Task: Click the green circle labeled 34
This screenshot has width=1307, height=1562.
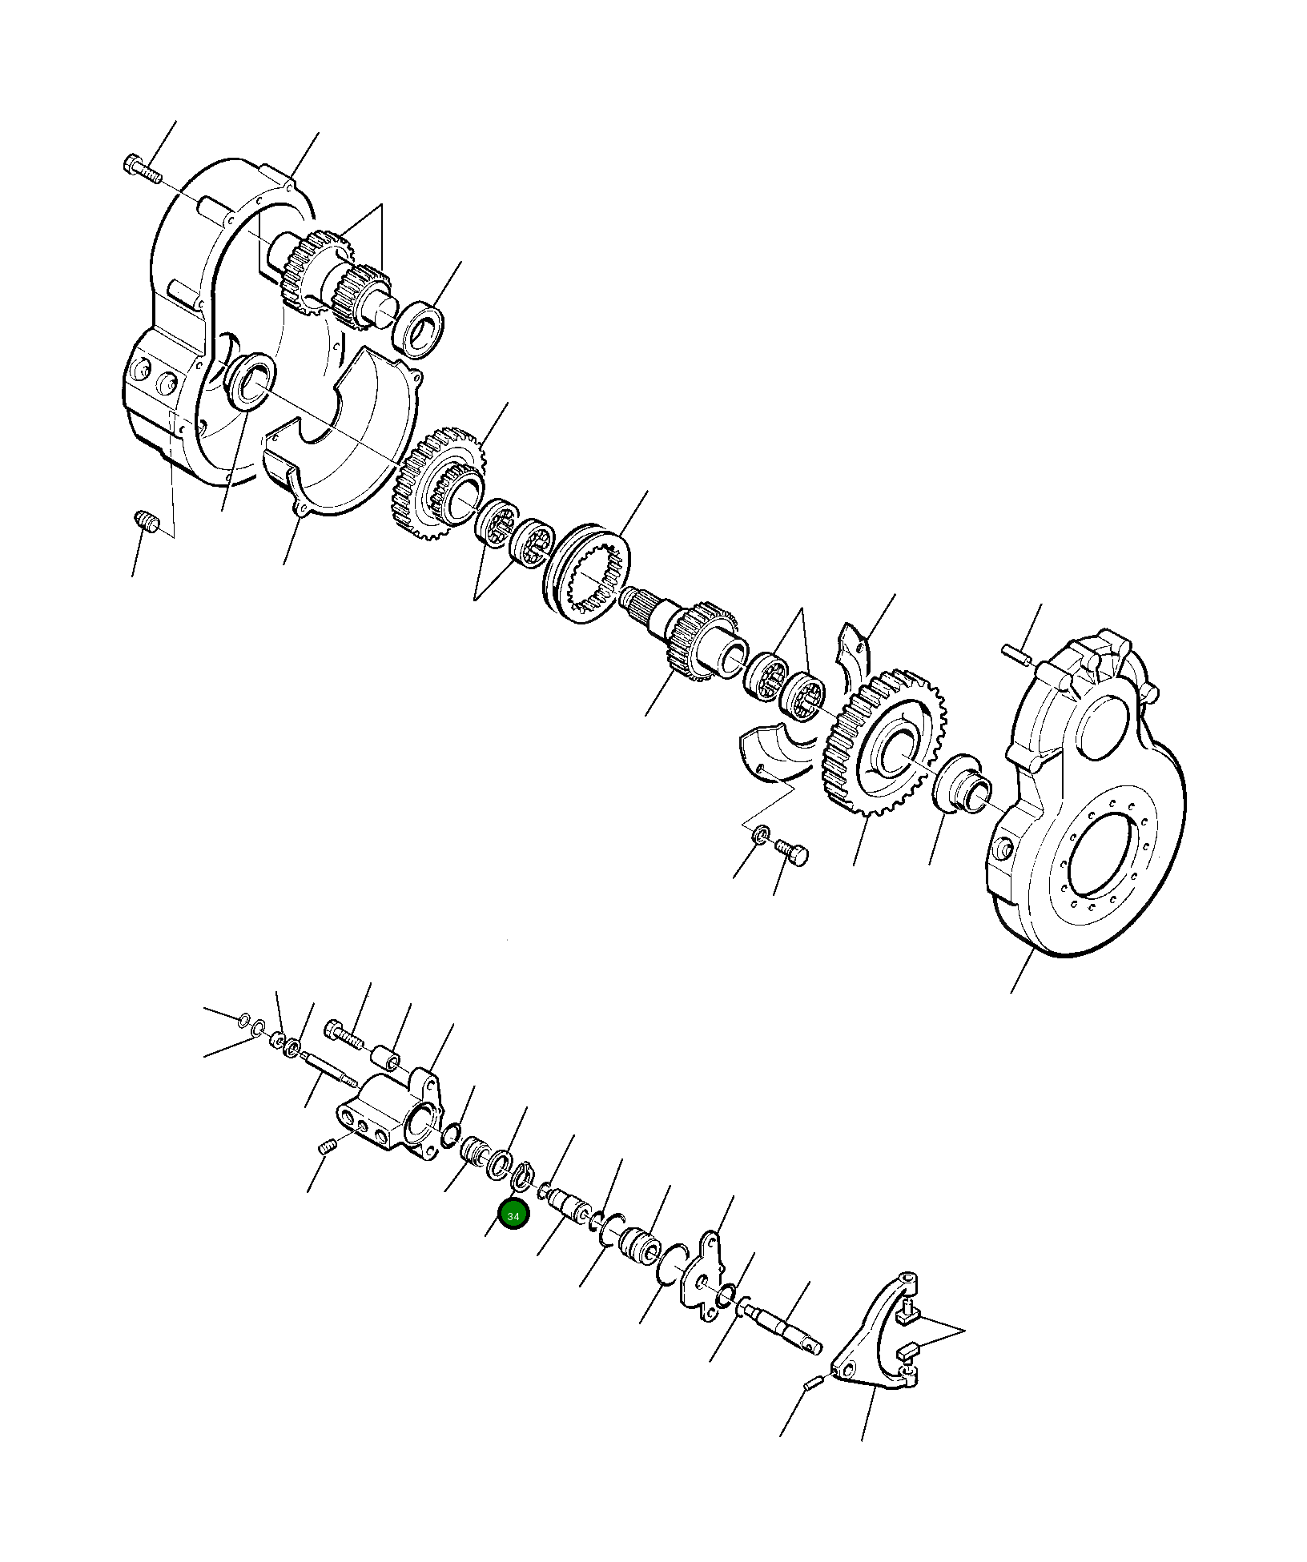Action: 513,1238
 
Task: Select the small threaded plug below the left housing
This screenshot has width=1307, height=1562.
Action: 146,522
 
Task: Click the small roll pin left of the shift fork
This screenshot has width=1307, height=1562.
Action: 811,1383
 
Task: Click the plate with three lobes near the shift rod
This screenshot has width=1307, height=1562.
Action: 705,1283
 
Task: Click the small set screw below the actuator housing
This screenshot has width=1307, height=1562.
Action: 326,1148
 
